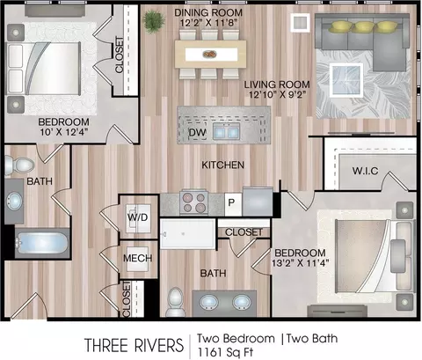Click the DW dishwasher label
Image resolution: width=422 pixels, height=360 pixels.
(x=197, y=132)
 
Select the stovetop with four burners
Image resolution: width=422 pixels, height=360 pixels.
(x=193, y=202)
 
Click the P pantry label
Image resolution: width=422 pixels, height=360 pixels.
(x=231, y=202)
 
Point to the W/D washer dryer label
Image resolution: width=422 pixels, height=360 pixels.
(x=137, y=217)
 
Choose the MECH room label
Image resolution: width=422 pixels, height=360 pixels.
(x=137, y=258)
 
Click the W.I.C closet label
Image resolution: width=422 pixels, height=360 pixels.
(x=365, y=171)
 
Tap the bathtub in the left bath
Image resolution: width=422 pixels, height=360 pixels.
(x=42, y=243)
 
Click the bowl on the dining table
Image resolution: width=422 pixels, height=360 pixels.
(x=209, y=55)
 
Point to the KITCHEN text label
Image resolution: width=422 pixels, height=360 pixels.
(x=222, y=165)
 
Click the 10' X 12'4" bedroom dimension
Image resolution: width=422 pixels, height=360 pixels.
(x=64, y=132)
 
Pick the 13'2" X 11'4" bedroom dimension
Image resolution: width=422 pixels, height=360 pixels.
(x=301, y=263)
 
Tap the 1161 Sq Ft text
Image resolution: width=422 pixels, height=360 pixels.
(x=225, y=351)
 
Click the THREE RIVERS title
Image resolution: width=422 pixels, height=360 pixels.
(x=134, y=345)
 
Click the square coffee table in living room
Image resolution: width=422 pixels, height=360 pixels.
(x=346, y=80)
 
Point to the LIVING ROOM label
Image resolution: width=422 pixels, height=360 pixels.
(x=277, y=84)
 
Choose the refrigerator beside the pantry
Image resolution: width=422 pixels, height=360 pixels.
(x=258, y=202)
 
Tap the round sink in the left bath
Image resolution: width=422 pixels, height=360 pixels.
(x=14, y=201)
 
